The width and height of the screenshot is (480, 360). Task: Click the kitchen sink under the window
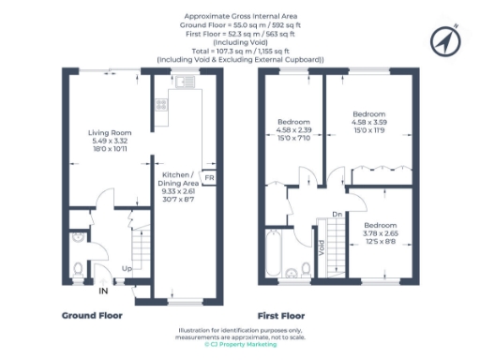187,83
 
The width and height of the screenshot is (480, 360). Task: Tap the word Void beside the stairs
322,249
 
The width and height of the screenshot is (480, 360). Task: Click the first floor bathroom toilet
304,273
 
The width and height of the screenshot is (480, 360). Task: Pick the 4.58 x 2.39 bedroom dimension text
292,131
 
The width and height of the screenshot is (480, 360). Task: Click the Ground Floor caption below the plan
91,316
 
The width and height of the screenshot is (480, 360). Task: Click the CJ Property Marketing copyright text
240,345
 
